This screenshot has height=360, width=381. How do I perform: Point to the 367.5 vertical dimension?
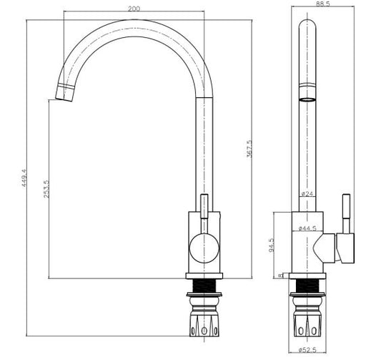point(249,148)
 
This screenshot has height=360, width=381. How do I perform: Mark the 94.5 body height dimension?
point(271,246)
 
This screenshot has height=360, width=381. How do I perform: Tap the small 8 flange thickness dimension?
point(278,276)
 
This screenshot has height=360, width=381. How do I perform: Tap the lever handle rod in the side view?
point(204,212)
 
